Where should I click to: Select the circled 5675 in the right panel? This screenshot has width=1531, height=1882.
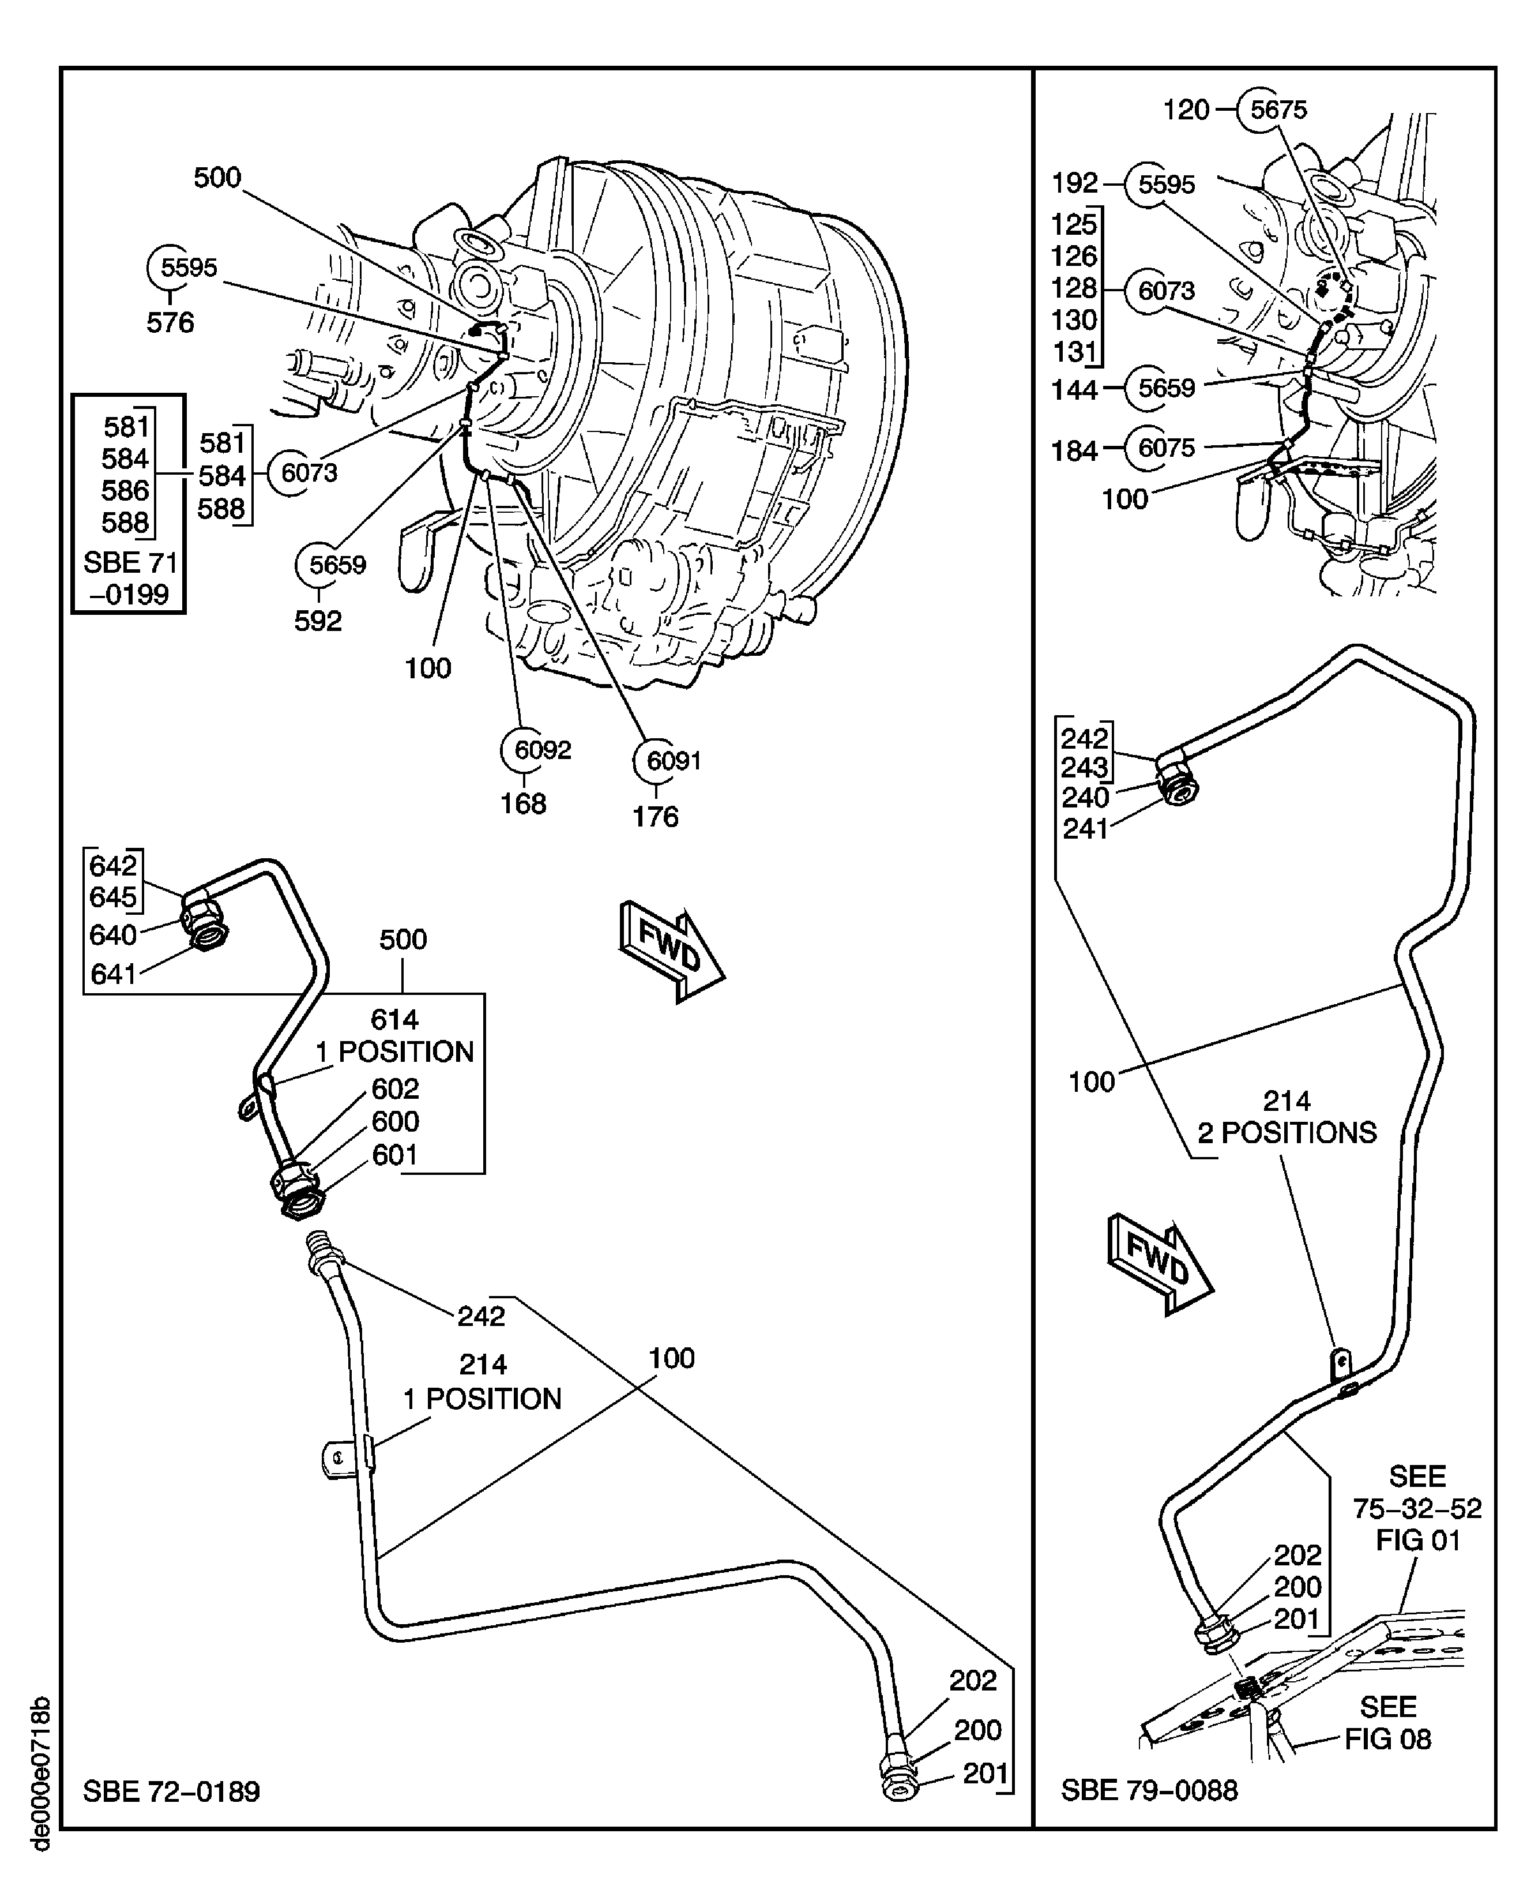tap(1278, 110)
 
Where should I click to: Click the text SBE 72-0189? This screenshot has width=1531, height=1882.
tap(171, 1791)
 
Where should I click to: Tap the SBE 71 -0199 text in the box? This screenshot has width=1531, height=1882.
tap(130, 579)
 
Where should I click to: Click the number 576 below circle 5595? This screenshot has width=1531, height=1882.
tap(170, 323)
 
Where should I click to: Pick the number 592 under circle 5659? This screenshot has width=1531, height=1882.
tap(318, 621)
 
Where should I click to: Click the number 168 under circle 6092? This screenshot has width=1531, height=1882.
tap(523, 803)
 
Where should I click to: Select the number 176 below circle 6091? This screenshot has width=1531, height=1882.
tap(655, 817)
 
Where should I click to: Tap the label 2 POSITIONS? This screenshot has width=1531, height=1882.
tap(1286, 1132)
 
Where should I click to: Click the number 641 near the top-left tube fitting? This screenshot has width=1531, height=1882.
tap(114, 974)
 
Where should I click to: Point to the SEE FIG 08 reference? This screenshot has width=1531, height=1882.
tap(1387, 1723)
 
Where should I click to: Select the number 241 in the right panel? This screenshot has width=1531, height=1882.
tap(1085, 829)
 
